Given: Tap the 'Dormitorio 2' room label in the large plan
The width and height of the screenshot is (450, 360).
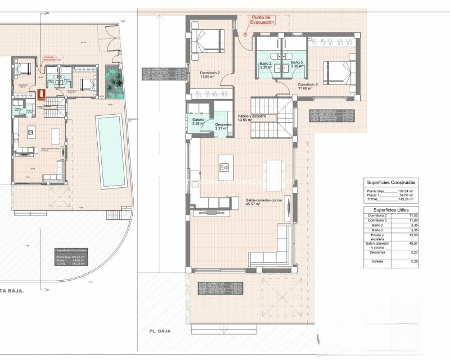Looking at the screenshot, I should (x=210, y=75).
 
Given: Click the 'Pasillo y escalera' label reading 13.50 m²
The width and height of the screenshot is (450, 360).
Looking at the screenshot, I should (x=251, y=118).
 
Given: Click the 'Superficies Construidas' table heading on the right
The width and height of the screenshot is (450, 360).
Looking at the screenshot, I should (x=391, y=183).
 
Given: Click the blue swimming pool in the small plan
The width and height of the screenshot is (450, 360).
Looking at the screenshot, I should (x=109, y=151).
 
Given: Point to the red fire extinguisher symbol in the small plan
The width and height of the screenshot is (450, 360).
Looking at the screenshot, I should (x=40, y=94).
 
